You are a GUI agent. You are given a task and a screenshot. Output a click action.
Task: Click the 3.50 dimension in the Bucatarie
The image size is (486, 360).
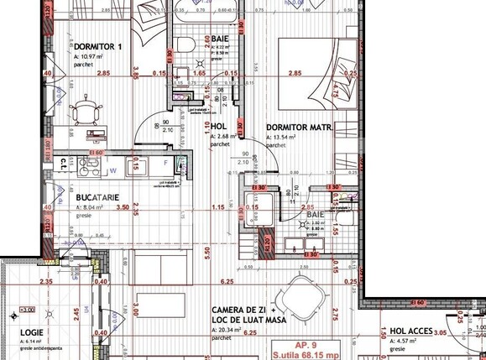pos(123,206)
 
